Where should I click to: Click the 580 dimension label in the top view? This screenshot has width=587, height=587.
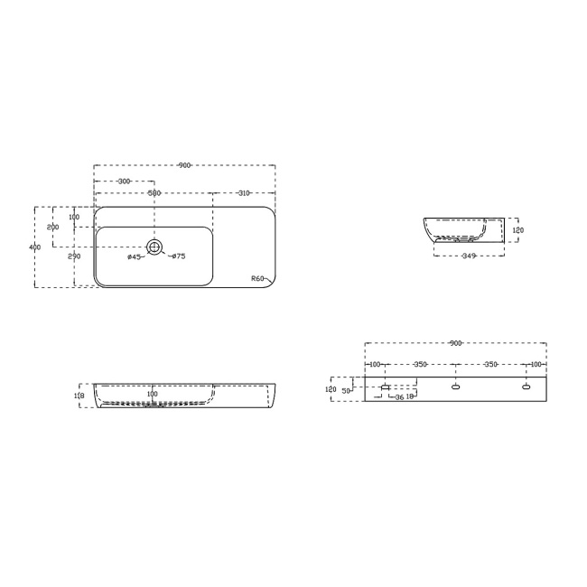coord(154,193)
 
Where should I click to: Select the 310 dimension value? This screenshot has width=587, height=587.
coord(244,193)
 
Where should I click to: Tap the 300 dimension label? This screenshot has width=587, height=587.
coord(124,182)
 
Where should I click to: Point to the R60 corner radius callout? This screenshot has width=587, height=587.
coord(257,279)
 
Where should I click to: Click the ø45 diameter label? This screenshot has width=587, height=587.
coord(133,257)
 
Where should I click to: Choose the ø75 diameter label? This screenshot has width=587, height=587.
coord(178,257)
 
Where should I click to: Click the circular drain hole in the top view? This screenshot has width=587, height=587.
coord(154,247)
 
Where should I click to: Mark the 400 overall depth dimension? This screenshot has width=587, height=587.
coord(34,247)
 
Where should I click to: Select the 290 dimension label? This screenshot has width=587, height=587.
coord(74,256)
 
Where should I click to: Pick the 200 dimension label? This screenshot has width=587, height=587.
coord(52,228)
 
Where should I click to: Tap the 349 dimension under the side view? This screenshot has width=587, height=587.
coord(468,256)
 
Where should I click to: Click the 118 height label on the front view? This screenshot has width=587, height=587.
coord(79,396)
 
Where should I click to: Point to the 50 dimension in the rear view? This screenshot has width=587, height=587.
coord(345,391)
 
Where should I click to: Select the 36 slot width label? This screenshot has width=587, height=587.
coord(399,397)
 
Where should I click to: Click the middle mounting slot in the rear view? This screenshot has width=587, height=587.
coord(455,387)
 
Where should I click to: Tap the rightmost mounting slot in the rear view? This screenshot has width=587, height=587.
coord(526,387)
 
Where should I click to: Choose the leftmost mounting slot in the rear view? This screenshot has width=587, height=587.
coord(386,387)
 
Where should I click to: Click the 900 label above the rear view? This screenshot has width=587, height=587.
coord(455,343)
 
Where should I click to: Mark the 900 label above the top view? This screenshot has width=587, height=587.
coord(184,165)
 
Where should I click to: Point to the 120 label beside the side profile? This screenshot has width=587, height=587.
coord(517,230)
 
